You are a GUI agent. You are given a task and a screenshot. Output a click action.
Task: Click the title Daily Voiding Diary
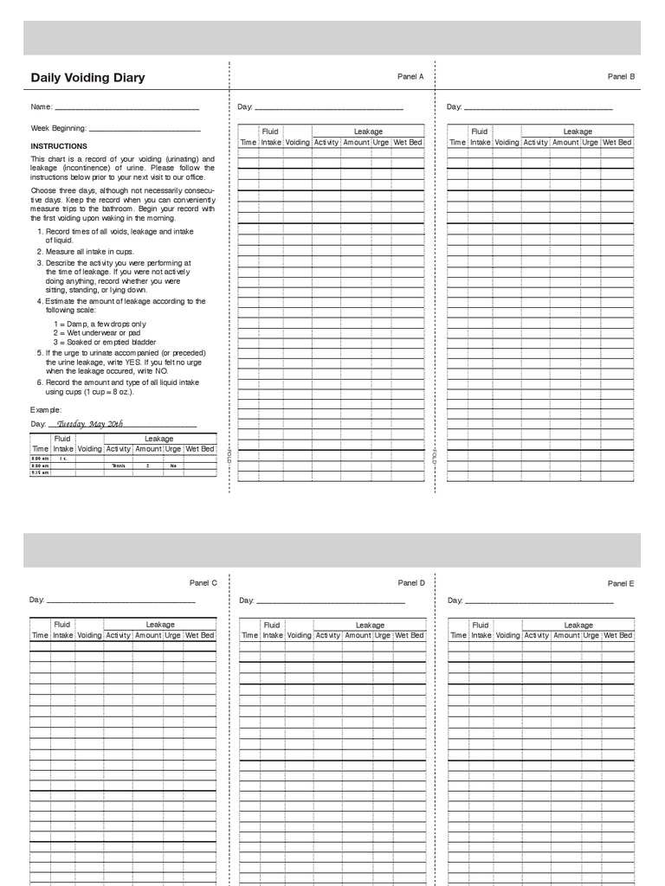click(x=87, y=78)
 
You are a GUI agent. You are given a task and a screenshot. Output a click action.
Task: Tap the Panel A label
click(x=410, y=77)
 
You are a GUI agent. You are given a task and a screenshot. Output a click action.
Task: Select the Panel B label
click(x=621, y=77)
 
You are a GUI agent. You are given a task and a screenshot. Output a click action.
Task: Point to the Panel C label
click(x=203, y=583)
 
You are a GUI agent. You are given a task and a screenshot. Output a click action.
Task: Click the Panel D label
click(x=411, y=583)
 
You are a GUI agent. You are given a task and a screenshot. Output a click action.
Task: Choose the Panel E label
click(x=621, y=584)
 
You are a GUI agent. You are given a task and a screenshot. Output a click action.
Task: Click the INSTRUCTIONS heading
click(x=59, y=146)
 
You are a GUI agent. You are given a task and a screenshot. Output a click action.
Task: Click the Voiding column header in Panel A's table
click(x=297, y=143)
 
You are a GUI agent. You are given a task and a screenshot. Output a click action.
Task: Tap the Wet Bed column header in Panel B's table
click(x=617, y=143)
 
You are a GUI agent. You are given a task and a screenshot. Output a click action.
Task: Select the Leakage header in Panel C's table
click(x=159, y=625)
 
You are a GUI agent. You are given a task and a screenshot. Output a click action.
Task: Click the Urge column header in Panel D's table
click(x=382, y=635)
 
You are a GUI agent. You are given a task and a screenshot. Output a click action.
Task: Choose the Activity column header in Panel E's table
click(x=537, y=635)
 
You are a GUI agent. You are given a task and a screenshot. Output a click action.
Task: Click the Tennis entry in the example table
click(x=119, y=465)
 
